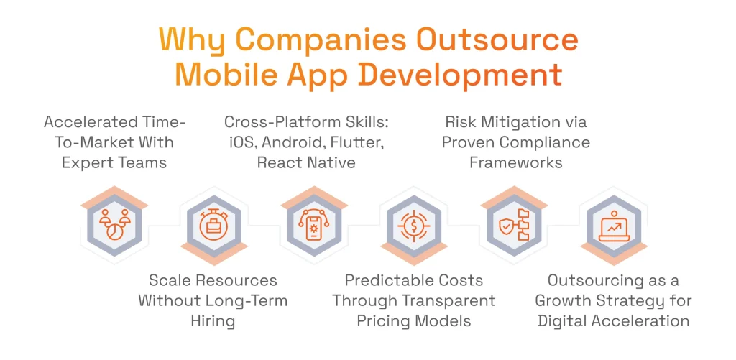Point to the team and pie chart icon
(x=114, y=225)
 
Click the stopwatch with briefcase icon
(x=213, y=225)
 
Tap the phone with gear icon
(x=313, y=225)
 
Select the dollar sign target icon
(x=414, y=225)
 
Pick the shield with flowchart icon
(x=514, y=225)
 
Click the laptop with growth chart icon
(x=614, y=225)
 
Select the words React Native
(x=306, y=162)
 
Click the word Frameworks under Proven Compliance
(x=516, y=162)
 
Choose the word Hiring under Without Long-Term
(x=213, y=320)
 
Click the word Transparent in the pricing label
(x=451, y=300)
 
